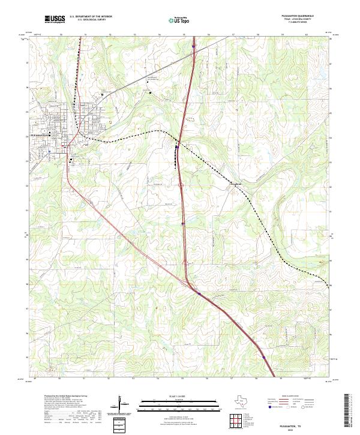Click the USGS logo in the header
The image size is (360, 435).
tap(55, 19)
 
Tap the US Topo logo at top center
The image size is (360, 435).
tap(175, 20)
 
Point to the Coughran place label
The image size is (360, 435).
tap(235, 183)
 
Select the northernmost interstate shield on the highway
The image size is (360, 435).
tap(193, 45)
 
